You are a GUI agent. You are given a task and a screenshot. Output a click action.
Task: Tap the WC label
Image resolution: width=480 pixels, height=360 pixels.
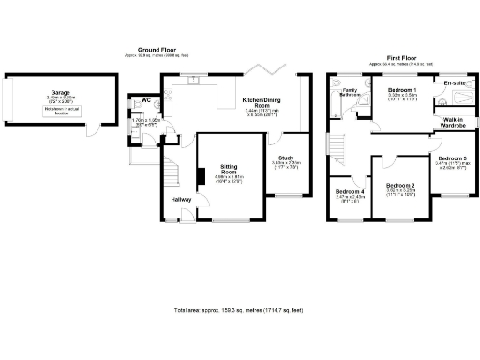click(146, 100)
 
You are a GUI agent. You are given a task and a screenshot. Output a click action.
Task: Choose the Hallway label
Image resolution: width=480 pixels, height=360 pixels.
click(183, 200)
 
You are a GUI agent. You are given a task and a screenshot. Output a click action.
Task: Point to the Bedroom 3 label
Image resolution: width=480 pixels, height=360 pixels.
click(452, 158)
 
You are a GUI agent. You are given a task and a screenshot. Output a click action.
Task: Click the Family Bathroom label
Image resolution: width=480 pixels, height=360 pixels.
click(350, 93)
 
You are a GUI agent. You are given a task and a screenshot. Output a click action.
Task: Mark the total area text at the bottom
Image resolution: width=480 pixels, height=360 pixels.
click(240, 309)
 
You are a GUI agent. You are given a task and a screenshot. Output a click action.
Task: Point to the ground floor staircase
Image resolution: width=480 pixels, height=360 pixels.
click(171, 174)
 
